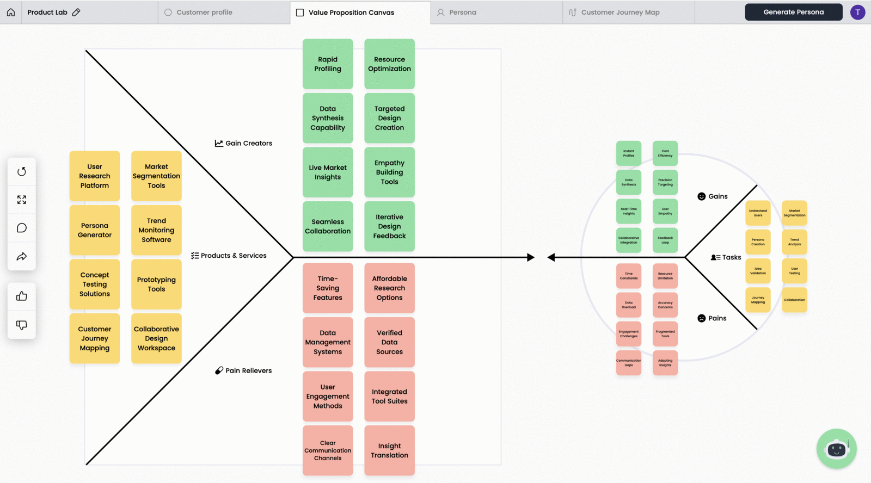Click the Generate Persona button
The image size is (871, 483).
pyautogui.click(x=793, y=12)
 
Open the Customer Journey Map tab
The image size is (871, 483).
pyautogui.click(x=619, y=12)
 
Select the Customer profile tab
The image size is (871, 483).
pyautogui.click(x=204, y=12)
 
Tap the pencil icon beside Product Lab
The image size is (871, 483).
pyautogui.click(x=76, y=12)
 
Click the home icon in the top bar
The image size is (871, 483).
pyautogui.click(x=11, y=12)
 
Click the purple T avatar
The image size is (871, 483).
pyautogui.click(x=857, y=12)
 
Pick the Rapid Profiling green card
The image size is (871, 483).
pyautogui.click(x=328, y=64)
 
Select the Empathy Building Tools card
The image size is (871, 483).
pyautogui.click(x=389, y=172)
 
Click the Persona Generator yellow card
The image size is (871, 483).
pyautogui.click(x=95, y=230)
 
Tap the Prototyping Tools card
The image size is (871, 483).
pyautogui.click(x=156, y=284)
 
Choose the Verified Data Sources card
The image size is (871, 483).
pyautogui.click(x=389, y=342)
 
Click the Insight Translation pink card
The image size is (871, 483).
pyautogui.click(x=389, y=450)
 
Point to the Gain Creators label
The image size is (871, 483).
pyautogui.click(x=243, y=143)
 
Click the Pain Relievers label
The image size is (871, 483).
pyautogui.click(x=243, y=370)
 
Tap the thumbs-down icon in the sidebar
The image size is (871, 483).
pyautogui.click(x=22, y=325)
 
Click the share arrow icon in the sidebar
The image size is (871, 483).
pyautogui.click(x=22, y=256)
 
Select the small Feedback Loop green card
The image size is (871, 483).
pyautogui.click(x=665, y=240)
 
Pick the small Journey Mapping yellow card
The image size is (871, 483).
pyautogui.click(x=758, y=300)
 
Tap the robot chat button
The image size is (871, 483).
pyautogui.click(x=836, y=449)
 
